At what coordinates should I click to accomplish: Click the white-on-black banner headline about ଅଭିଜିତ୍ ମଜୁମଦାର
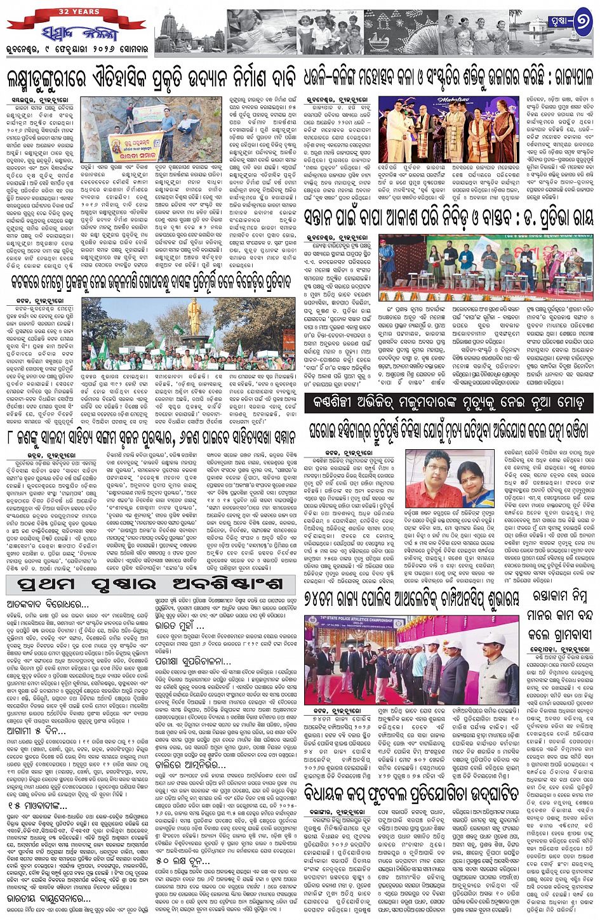tap(448, 403)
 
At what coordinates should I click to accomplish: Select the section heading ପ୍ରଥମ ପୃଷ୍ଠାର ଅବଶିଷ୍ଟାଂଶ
tap(150, 584)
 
